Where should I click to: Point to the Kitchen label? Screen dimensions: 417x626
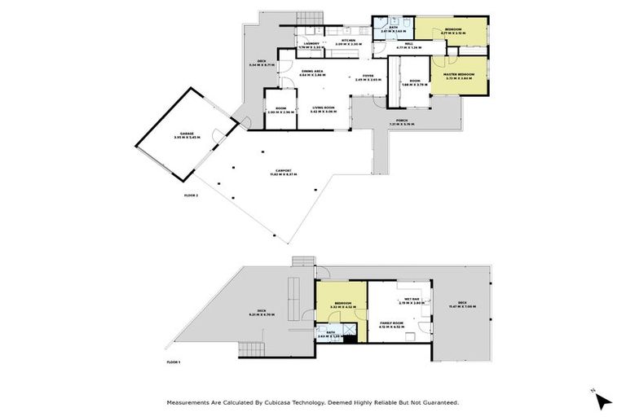(348, 41)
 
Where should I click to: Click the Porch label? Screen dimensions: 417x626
(401, 122)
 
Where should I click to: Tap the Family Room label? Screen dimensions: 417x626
(393, 325)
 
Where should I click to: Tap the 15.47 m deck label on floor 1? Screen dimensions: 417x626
(462, 305)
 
